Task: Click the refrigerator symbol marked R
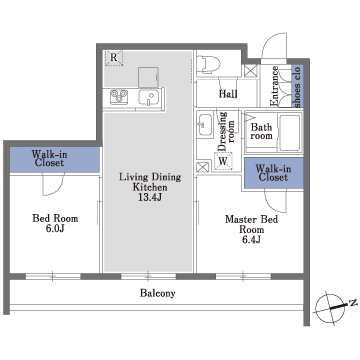[114, 58]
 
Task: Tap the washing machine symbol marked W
[223, 161]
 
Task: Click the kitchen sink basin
[150, 98]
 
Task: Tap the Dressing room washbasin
[205, 125]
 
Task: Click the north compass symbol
[332, 308]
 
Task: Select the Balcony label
[157, 293]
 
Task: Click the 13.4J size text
[150, 197]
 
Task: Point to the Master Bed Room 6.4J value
[252, 240]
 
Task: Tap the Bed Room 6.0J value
[55, 229]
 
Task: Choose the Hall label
[228, 94]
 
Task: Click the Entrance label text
[275, 86]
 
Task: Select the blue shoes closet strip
[297, 86]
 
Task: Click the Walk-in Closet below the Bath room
[274, 173]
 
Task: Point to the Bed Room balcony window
[53, 276]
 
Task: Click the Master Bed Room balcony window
[243, 276]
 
